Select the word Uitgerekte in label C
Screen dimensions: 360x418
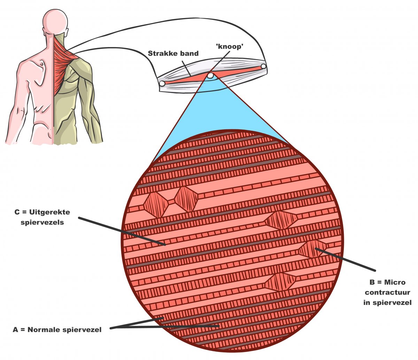coord(50,212)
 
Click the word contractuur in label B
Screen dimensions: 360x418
coord(387,292)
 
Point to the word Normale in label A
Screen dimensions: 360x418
coord(45,330)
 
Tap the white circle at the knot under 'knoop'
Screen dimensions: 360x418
coord(210,75)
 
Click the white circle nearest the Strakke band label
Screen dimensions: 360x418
coord(162,84)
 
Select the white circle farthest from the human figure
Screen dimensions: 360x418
coord(263,66)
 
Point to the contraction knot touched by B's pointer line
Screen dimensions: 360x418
coord(312,248)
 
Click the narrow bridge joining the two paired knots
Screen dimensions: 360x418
coord(171,201)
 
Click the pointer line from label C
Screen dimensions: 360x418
coord(122,231)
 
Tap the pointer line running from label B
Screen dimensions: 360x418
coord(345,259)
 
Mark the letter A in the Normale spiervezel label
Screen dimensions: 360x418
coord(15,330)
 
